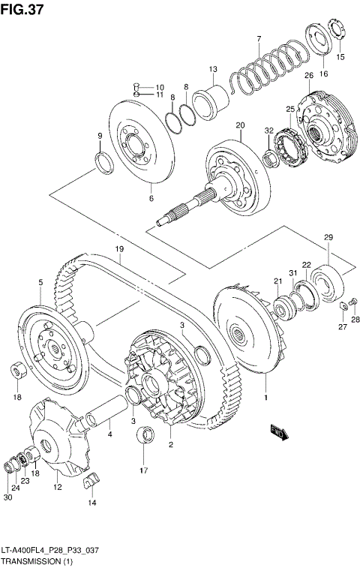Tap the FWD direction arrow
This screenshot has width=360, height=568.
[x=278, y=431]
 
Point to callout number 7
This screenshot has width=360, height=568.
[x=258, y=39]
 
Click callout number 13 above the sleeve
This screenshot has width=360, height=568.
[x=213, y=70]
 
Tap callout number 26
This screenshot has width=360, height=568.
[x=308, y=76]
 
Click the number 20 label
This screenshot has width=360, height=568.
[x=240, y=125]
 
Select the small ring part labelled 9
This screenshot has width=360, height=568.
[x=103, y=161]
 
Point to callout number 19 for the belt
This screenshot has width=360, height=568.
[x=118, y=249]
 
